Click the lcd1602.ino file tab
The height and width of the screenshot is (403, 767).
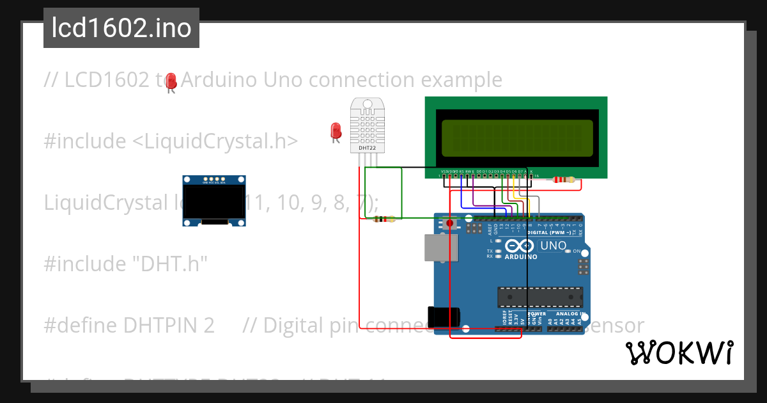tap(121, 29)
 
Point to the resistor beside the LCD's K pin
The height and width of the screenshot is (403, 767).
tap(562, 180)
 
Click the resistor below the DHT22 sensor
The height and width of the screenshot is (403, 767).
tap(383, 219)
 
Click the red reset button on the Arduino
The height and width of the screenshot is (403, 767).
tap(449, 223)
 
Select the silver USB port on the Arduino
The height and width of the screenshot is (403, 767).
tap(437, 248)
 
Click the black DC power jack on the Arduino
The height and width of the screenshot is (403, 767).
tap(445, 318)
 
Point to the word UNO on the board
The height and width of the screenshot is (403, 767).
tap(554, 246)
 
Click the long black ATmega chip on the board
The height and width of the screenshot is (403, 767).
tap(540, 297)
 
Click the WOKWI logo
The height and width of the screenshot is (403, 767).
tap(679, 352)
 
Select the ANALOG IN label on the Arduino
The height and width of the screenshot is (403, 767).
tap(569, 314)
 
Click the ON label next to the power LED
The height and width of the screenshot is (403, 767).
tap(577, 251)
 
